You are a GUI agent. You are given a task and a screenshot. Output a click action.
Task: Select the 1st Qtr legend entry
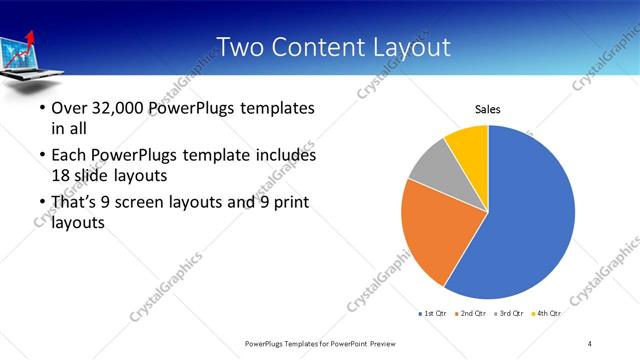coord(433,314)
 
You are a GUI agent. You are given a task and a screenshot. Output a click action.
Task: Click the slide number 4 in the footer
coord(590,343)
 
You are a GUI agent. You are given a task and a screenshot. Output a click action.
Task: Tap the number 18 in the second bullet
coord(62,174)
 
